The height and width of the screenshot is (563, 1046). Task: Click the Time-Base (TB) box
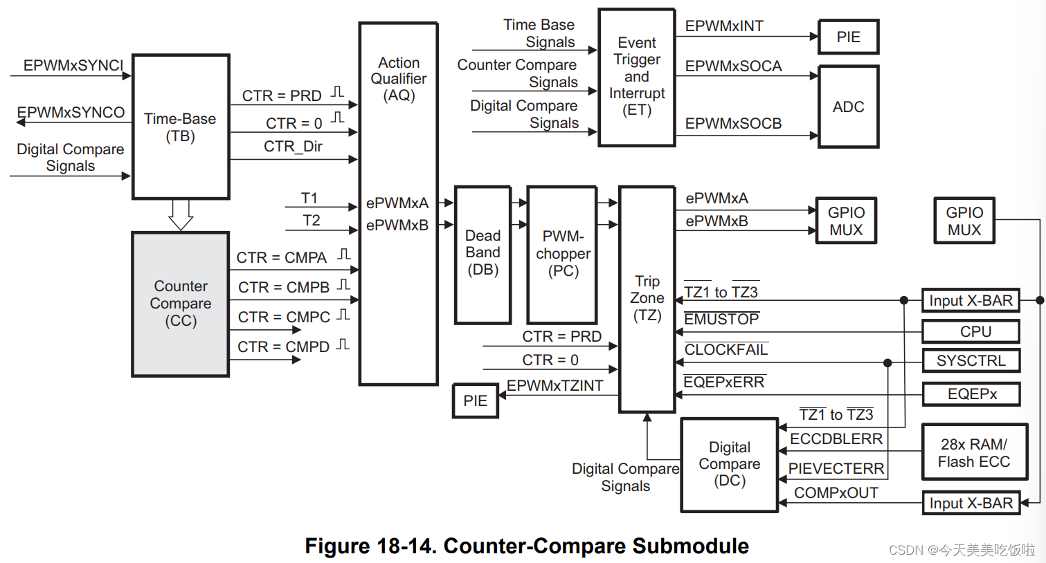tap(181, 127)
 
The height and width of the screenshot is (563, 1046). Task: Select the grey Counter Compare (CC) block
tap(181, 304)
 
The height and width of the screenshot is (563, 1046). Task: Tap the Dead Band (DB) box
tap(483, 253)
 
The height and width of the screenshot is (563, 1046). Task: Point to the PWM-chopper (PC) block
tap(562, 253)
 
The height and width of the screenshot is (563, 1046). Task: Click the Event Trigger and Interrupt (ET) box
tap(636, 77)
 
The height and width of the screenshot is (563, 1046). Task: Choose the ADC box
tap(848, 107)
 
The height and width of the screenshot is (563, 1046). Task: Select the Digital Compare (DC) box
tap(730, 464)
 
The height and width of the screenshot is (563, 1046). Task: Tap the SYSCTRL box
tap(971, 360)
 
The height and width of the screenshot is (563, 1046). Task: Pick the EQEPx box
tap(971, 394)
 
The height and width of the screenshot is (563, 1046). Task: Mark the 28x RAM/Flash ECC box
tap(973, 452)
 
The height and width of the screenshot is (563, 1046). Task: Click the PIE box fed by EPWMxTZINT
tap(475, 400)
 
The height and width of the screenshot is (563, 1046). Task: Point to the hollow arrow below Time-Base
tap(181, 214)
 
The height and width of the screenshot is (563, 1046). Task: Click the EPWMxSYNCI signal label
tap(73, 66)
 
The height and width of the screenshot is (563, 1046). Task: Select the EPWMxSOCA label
tap(733, 66)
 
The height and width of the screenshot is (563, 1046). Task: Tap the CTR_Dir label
tap(293, 147)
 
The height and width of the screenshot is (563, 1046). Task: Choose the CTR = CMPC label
tap(284, 317)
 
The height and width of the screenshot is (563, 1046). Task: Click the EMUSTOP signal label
tap(721, 320)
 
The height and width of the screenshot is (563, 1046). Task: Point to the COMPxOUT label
tap(836, 492)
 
